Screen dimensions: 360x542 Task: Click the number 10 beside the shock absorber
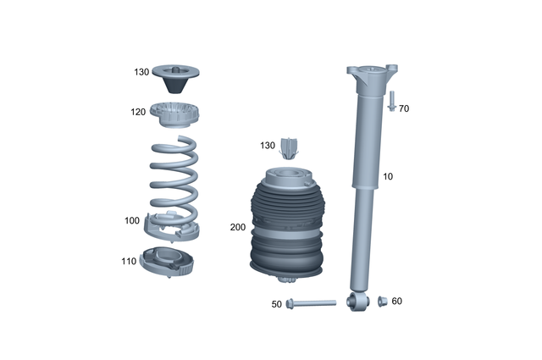click(388, 177)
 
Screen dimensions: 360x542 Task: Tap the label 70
click(404, 109)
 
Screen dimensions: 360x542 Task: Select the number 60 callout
click(396, 301)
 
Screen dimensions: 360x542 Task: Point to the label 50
click(276, 303)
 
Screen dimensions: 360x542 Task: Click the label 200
click(238, 228)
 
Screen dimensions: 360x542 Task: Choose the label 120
click(138, 112)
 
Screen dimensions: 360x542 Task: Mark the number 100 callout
click(131, 221)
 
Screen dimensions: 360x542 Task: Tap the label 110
click(128, 262)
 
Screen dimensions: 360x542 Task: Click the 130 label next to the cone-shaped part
click(141, 73)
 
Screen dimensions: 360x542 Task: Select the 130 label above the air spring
click(268, 146)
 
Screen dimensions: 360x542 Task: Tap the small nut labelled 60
click(381, 301)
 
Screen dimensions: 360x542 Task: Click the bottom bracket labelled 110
click(170, 262)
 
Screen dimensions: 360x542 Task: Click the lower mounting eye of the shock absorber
click(356, 300)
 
